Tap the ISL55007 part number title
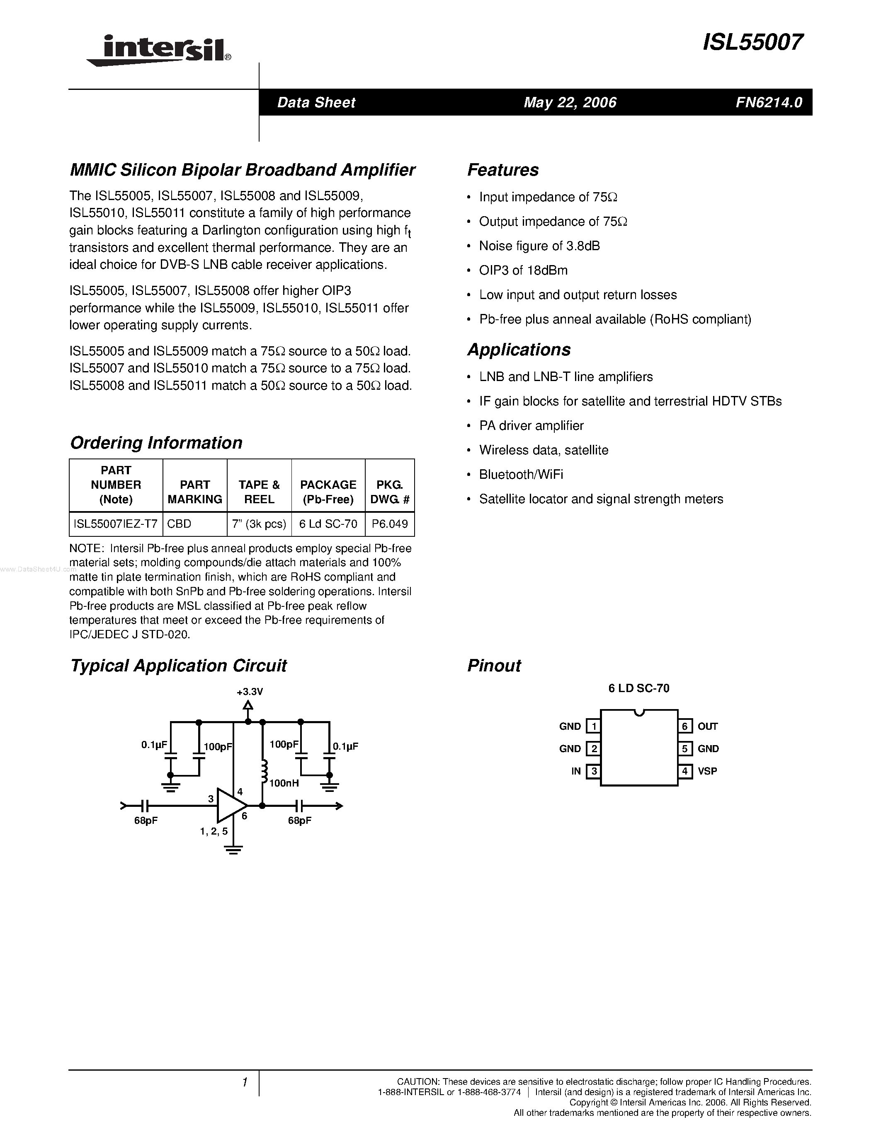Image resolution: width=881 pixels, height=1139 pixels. tap(752, 42)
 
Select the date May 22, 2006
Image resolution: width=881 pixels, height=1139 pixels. tap(570, 102)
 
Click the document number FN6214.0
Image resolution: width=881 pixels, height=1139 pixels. tap(768, 102)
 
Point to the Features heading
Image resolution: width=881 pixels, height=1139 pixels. tap(502, 170)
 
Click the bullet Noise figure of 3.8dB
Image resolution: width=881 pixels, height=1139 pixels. tap(539, 246)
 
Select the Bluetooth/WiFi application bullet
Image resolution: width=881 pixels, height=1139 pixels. tap(521, 475)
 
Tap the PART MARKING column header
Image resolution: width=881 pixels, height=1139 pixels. tap(195, 492)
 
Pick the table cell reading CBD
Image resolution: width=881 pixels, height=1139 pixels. tap(179, 524)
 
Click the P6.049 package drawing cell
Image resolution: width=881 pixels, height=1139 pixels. tap(389, 524)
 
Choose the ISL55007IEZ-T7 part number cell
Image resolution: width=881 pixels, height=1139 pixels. tap(116, 524)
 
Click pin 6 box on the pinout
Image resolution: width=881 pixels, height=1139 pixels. tap(685, 726)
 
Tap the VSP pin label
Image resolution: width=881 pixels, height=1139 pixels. tap(707, 771)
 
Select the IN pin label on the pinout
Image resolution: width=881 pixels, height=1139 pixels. tap(576, 771)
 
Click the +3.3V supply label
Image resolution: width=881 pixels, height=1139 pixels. tap(250, 692)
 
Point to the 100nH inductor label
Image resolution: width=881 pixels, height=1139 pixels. tap(284, 783)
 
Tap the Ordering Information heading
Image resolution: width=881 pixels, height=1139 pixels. tap(156, 443)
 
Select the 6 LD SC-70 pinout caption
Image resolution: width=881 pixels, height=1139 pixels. tap(638, 688)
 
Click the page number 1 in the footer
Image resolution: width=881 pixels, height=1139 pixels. tap(244, 1083)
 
